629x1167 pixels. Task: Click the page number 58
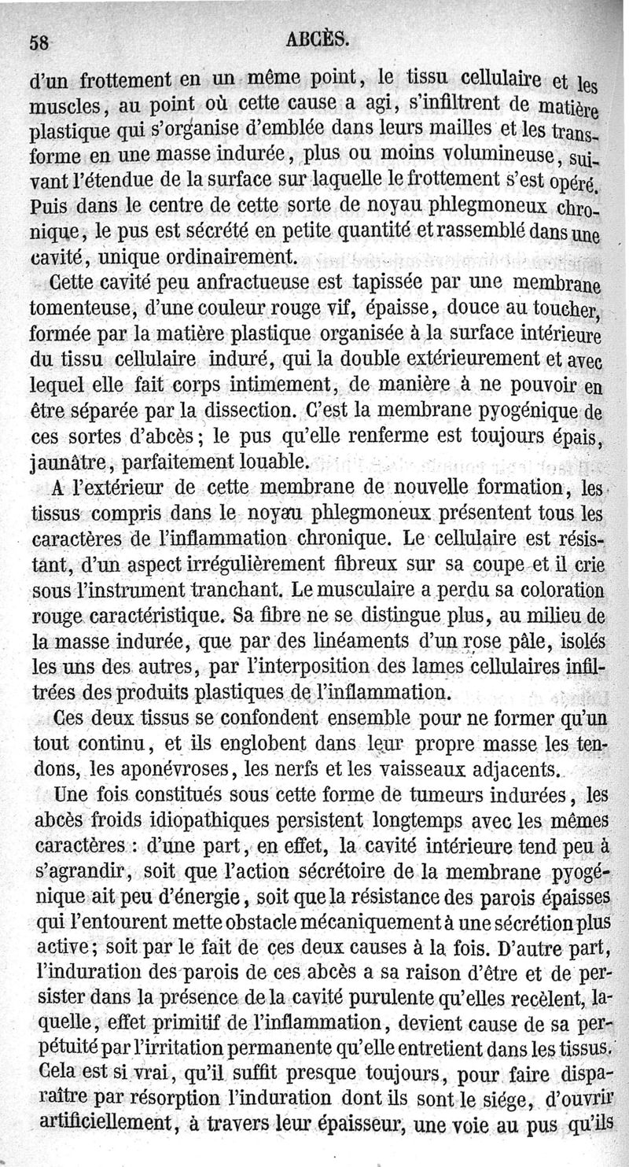39,43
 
